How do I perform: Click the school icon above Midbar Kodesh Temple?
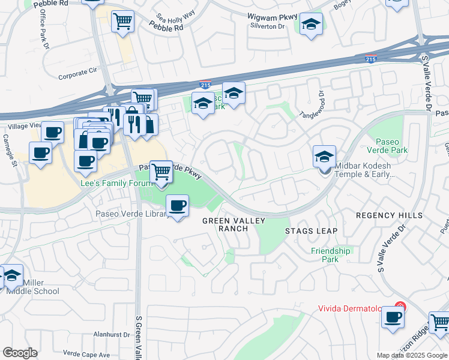click(x=324, y=158)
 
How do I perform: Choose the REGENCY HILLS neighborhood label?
click(x=389, y=215)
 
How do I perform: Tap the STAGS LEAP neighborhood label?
click(x=311, y=231)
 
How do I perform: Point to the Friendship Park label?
click(x=330, y=255)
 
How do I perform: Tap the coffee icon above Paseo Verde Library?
click(x=176, y=206)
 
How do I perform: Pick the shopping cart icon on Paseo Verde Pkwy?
click(x=161, y=172)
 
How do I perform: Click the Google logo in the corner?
click(x=20, y=353)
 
